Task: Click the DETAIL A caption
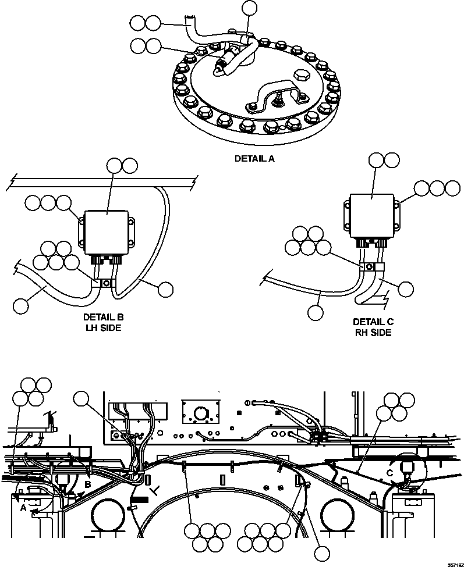point(254,158)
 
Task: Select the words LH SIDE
point(103,328)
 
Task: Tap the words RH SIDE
point(373,333)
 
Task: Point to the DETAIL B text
point(103,318)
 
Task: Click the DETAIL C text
point(373,322)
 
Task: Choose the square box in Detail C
point(373,215)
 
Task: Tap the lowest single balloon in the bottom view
point(320,554)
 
